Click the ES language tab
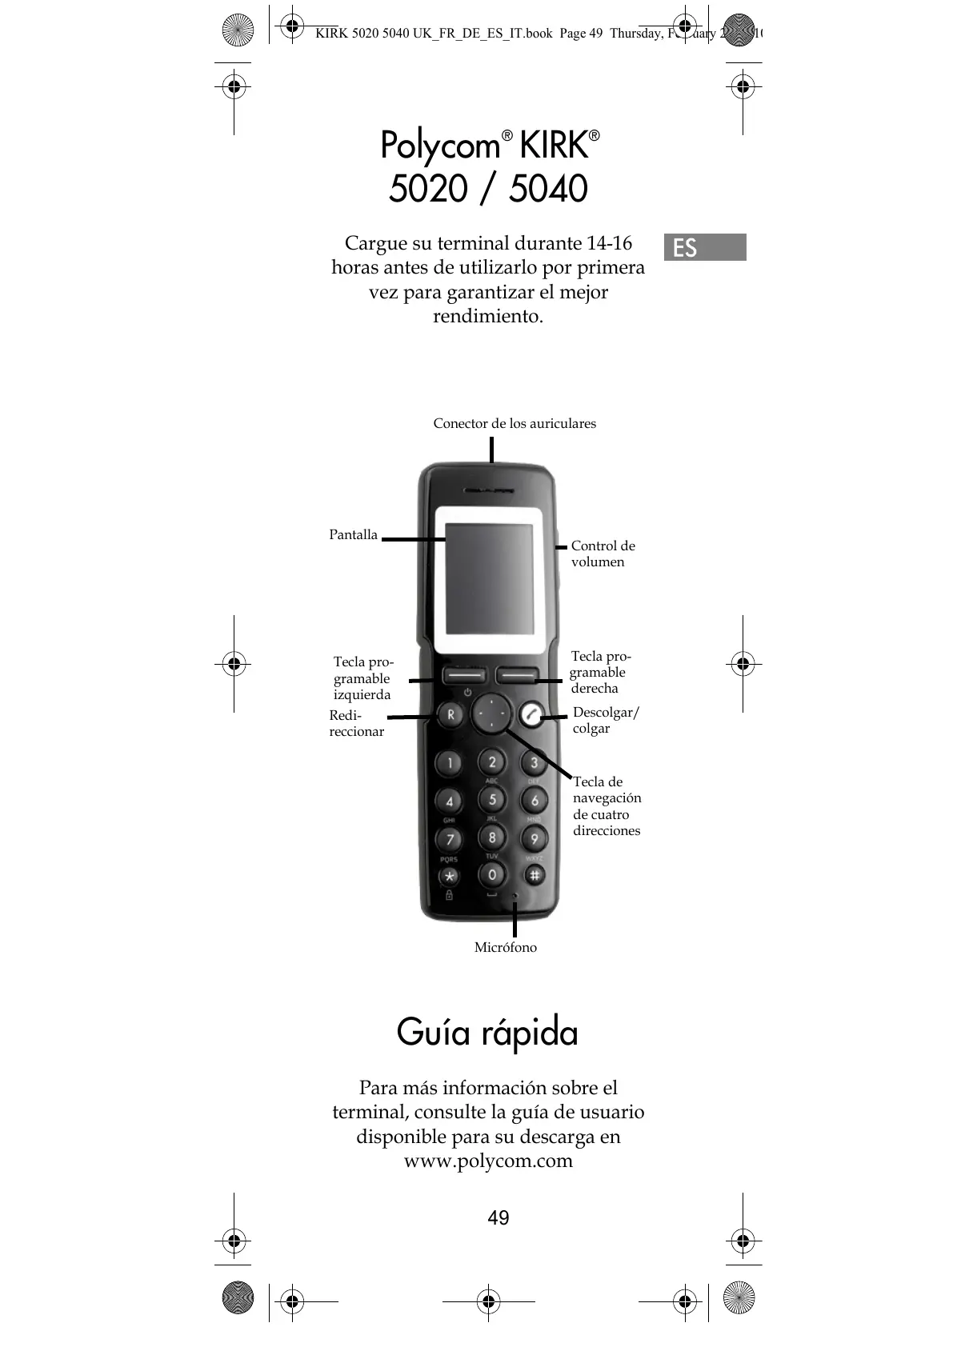click(x=704, y=247)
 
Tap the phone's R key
click(x=450, y=714)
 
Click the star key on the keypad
click(x=449, y=875)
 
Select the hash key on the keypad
click(x=535, y=874)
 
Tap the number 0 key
click(x=492, y=874)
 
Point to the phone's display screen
click(x=489, y=580)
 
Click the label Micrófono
click(x=506, y=947)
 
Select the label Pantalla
click(x=353, y=534)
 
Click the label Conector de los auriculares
click(x=515, y=423)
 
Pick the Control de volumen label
click(x=603, y=554)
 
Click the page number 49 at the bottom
click(x=498, y=1217)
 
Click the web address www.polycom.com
click(x=488, y=1161)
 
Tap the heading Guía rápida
click(x=487, y=1032)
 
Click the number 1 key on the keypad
click(x=450, y=763)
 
